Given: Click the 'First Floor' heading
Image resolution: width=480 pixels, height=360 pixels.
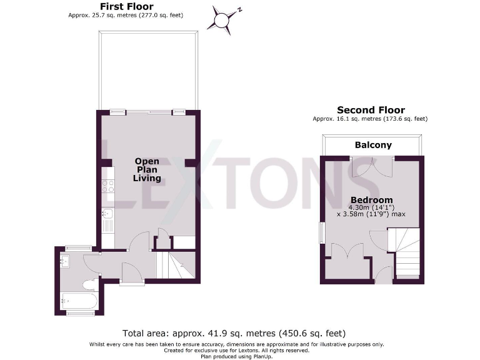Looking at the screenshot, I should tap(127, 6).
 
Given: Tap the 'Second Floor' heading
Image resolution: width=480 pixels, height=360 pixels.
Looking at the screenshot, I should tap(371, 110).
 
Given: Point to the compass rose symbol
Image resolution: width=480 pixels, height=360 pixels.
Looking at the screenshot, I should tap(223, 19).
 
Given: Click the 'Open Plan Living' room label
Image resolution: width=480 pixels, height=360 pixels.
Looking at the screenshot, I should tap(147, 169).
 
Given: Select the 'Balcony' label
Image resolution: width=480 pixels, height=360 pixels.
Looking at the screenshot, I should tap(373, 145).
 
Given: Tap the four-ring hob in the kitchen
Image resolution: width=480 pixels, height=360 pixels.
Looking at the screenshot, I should tap(107, 186).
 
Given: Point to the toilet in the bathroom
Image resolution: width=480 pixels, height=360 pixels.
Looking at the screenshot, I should tap(90, 285).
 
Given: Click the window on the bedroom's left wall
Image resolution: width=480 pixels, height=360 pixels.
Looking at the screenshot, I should tap(322, 232).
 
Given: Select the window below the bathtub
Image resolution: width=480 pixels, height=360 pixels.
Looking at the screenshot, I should tap(78, 312).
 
